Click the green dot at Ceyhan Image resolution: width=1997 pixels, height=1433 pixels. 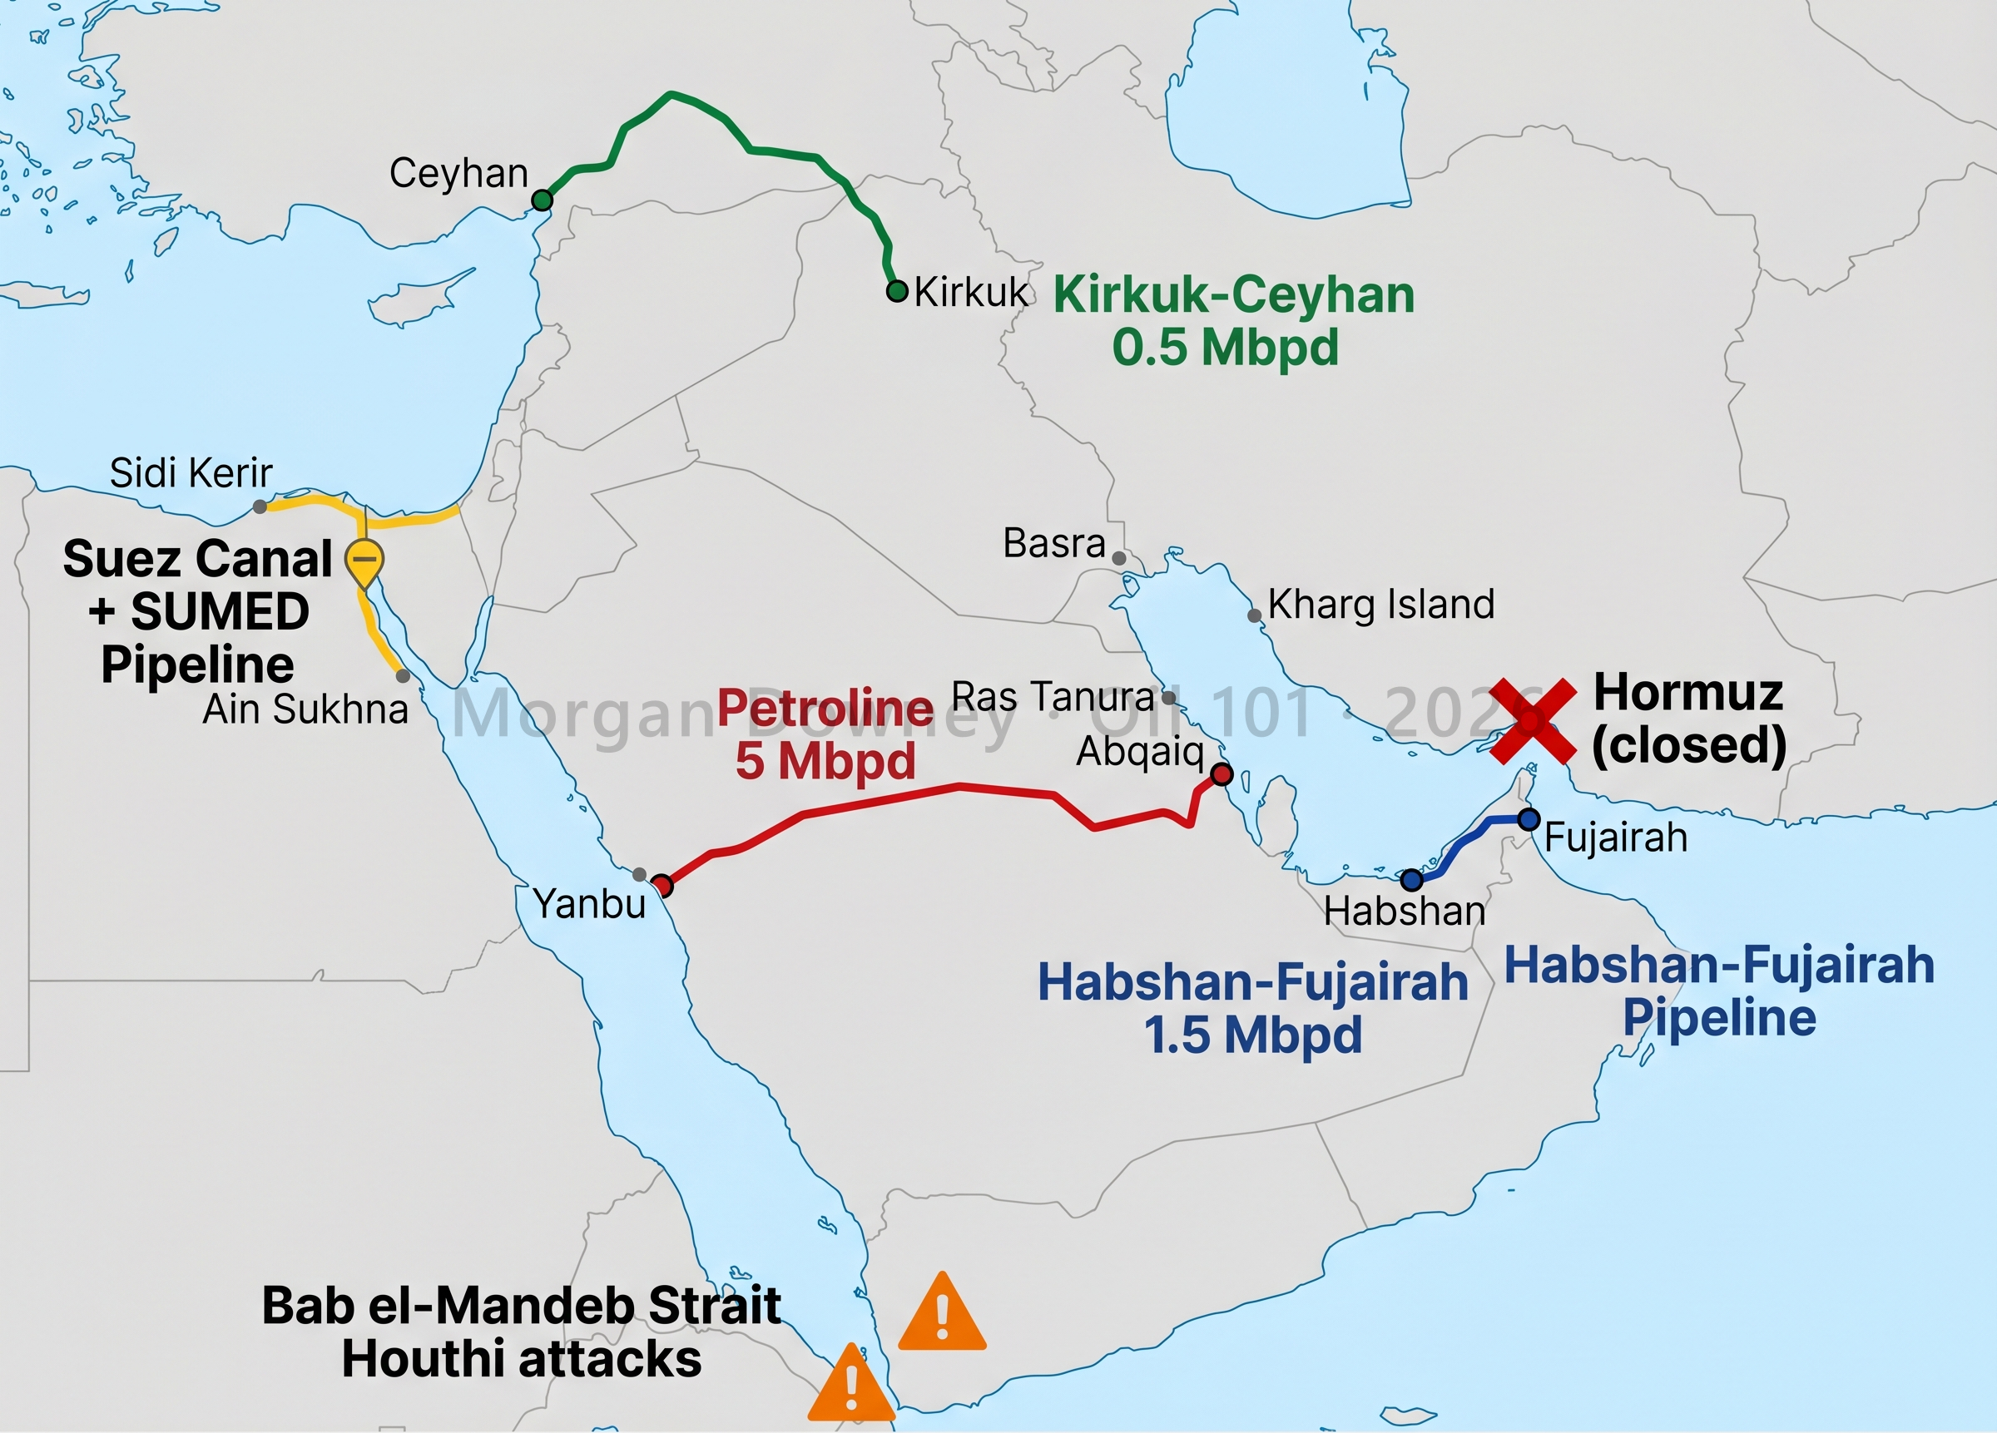tap(543, 200)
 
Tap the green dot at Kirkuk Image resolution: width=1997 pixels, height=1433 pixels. tap(896, 291)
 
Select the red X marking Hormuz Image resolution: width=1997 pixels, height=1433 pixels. tap(1532, 720)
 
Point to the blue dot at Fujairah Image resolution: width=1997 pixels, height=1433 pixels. tap(1529, 819)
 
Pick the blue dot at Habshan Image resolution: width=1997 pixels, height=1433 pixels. tap(1411, 879)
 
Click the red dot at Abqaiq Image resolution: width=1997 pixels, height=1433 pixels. tap(1222, 774)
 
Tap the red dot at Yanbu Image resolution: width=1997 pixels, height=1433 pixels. tap(662, 886)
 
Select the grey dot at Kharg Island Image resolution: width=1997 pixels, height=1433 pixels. tap(1255, 616)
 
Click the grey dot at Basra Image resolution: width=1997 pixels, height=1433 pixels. tap(1119, 558)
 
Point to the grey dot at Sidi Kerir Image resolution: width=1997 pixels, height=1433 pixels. tap(260, 507)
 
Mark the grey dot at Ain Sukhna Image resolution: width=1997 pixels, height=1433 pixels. tap(404, 676)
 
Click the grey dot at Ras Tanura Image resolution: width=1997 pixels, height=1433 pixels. tap(1168, 698)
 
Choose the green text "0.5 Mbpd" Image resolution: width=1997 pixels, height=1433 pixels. tap(1225, 348)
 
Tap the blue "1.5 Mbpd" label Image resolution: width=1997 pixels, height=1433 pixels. tap(1253, 1035)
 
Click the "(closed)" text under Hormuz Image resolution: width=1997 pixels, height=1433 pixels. tap(1689, 745)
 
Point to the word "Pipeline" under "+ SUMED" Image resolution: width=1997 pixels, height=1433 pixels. tap(197, 664)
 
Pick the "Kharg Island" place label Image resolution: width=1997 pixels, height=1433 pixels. tap(1380, 605)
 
